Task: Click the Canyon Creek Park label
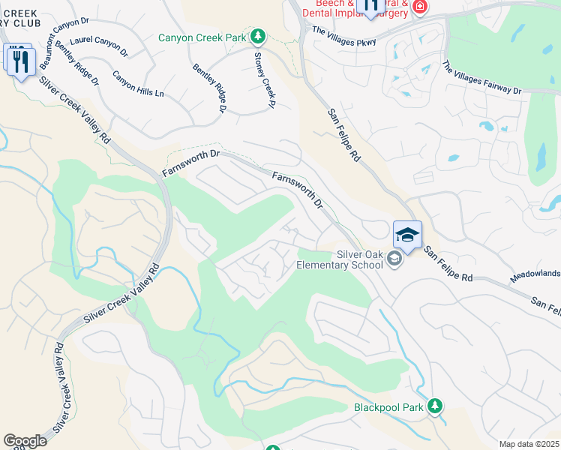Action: click(202, 37)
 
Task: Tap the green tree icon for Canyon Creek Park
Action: click(257, 36)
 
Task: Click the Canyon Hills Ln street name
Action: click(138, 84)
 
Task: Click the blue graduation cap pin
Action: click(407, 234)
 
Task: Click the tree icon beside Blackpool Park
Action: click(434, 406)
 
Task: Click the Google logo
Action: click(25, 441)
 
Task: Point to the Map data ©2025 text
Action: click(529, 444)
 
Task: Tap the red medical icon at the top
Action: click(419, 7)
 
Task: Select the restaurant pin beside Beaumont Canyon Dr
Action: click(19, 59)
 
